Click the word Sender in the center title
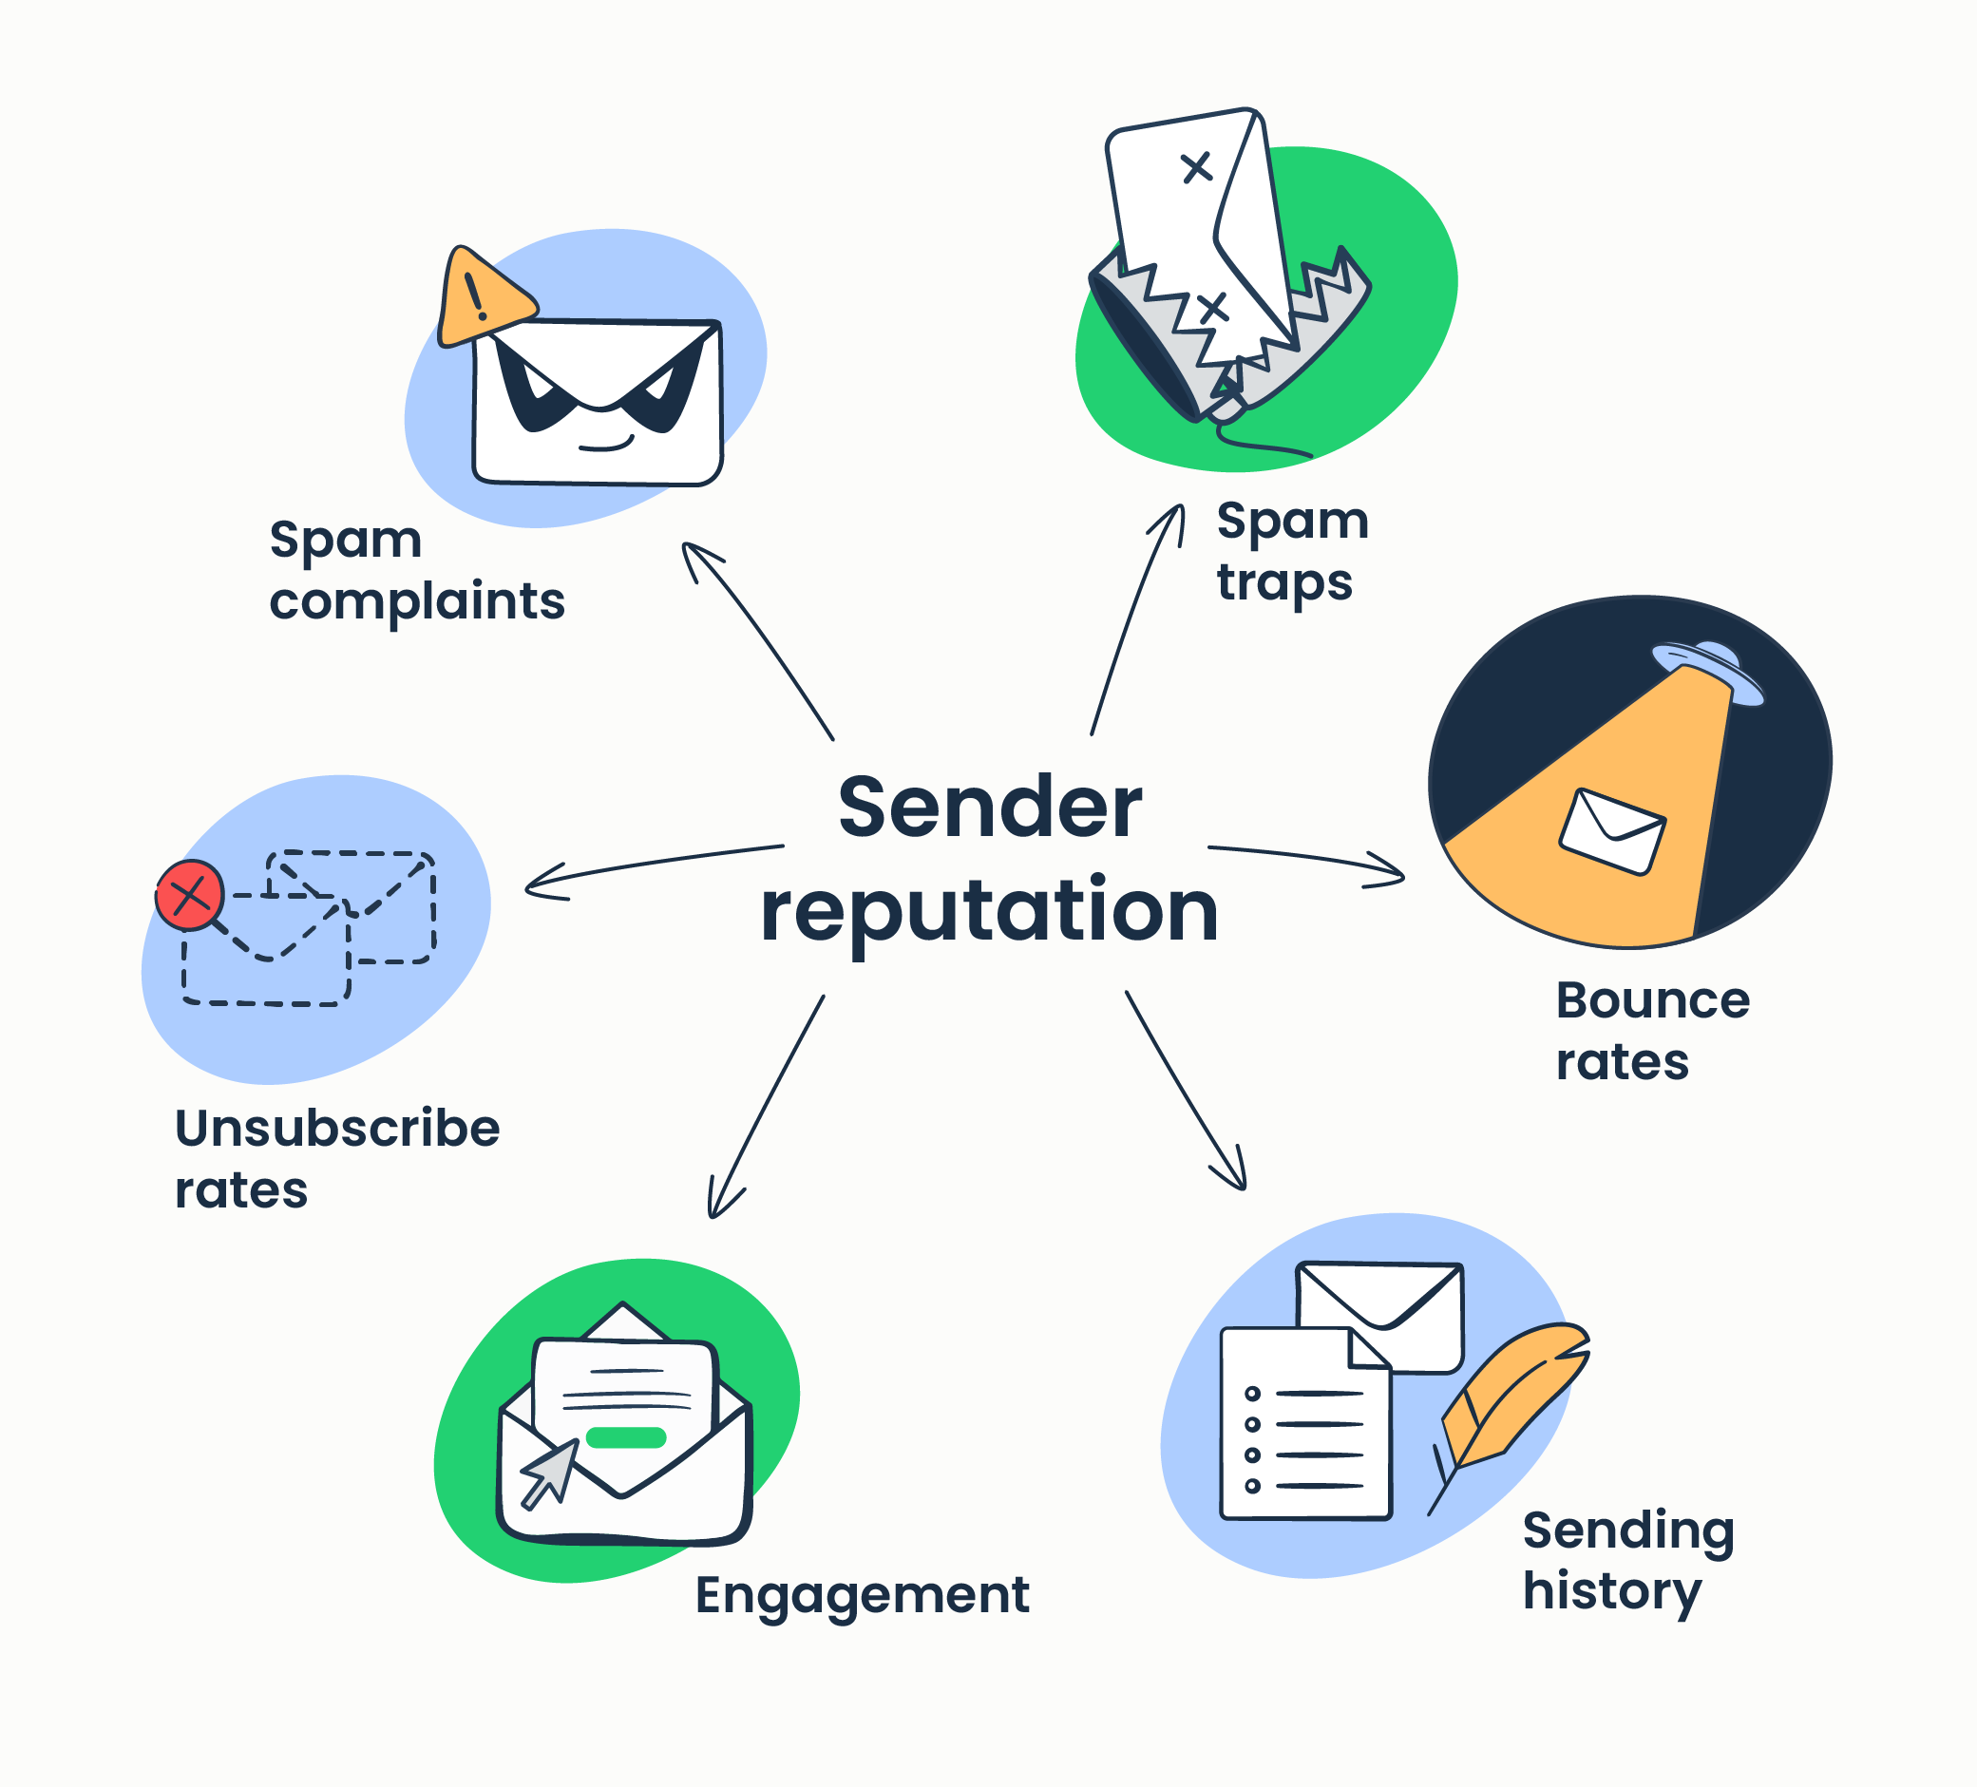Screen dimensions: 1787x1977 click(990, 808)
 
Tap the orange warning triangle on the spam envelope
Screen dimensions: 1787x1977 click(481, 300)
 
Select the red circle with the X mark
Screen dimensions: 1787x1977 click(189, 895)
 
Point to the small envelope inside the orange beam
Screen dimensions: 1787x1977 click(1611, 830)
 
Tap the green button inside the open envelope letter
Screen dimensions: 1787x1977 click(626, 1437)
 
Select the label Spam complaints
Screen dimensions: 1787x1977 click(417, 570)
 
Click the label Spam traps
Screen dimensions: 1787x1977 click(1291, 551)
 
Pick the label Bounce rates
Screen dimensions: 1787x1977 click(1651, 1031)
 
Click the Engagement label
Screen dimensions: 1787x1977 click(862, 1595)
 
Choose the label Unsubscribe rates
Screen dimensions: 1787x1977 click(336, 1158)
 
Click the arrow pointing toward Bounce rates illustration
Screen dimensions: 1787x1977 click(1304, 860)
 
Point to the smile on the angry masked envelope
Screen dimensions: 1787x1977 click(605, 445)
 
